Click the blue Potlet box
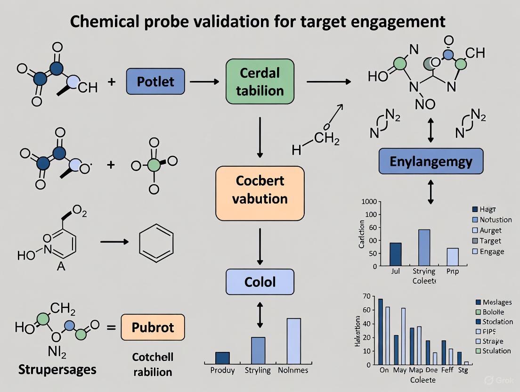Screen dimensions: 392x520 click(155, 81)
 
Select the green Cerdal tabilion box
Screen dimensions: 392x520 click(260, 82)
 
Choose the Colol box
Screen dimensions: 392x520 click(260, 282)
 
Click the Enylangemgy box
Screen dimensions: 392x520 click(431, 162)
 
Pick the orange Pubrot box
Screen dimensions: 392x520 click(153, 327)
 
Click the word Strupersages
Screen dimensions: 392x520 click(57, 369)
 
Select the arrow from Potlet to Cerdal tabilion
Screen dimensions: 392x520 click(204, 82)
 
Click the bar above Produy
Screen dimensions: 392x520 click(222, 358)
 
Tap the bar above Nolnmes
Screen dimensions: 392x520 click(293, 341)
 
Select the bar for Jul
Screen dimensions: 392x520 click(396, 254)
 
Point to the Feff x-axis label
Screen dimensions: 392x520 click(447, 370)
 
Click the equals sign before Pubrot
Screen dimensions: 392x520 click(111, 326)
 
